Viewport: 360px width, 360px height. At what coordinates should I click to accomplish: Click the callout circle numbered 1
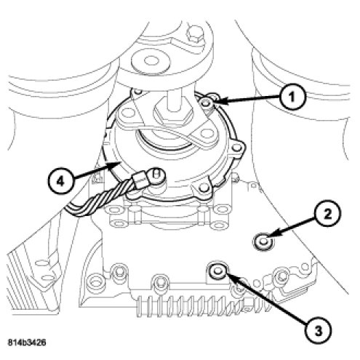[x=292, y=97]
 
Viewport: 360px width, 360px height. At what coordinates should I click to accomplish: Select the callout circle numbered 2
[x=327, y=214]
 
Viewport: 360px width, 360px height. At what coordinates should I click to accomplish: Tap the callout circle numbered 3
[x=319, y=330]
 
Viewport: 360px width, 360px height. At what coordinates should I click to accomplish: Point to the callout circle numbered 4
[x=60, y=180]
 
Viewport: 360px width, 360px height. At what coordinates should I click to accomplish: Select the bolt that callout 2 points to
[x=263, y=242]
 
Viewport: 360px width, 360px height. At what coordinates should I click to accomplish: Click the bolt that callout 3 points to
[x=216, y=270]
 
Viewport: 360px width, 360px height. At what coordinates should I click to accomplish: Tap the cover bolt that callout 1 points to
[x=207, y=103]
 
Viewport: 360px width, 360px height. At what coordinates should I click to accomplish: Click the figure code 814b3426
[x=27, y=343]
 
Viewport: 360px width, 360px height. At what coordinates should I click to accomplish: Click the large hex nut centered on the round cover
[x=172, y=116]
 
